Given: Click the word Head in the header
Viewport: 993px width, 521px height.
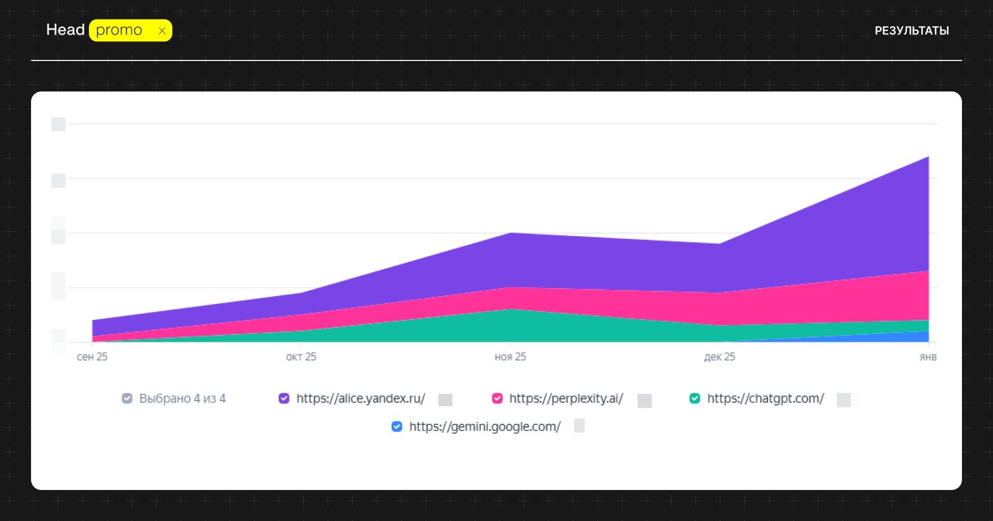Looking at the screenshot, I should coord(65,30).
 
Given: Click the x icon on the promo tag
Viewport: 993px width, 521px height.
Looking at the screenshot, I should coord(162,31).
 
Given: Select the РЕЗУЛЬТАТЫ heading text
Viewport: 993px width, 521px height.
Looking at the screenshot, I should coord(911,31).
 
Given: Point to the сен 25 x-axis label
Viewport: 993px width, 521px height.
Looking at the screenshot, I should coord(92,357).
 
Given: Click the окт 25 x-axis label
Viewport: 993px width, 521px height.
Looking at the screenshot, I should coord(301,357).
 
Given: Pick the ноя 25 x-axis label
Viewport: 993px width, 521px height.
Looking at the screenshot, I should coord(510,357).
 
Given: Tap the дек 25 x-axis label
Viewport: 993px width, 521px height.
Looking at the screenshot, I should coord(719,357).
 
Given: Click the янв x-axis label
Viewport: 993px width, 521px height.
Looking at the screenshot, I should coord(928,357).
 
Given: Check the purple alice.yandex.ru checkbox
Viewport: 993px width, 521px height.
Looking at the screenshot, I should coord(284,399).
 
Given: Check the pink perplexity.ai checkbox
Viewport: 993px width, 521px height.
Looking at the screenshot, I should coord(497,399).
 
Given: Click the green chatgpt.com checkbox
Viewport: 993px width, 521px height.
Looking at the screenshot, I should coord(695,399).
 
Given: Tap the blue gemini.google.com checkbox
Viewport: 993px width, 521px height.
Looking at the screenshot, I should coord(397,426).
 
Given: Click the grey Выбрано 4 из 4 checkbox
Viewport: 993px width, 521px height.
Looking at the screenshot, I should coord(127,399).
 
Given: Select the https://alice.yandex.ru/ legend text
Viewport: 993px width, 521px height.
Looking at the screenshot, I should coord(360,399).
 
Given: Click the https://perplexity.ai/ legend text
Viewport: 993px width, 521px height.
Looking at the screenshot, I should coord(566,399).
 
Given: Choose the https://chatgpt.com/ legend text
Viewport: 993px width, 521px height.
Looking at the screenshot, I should coord(765,399).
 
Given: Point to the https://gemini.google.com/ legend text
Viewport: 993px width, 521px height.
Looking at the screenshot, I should coord(485,426).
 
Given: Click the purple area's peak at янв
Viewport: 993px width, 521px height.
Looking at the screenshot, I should coord(928,158).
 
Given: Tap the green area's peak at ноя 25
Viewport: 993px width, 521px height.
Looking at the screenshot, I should coord(510,311).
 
